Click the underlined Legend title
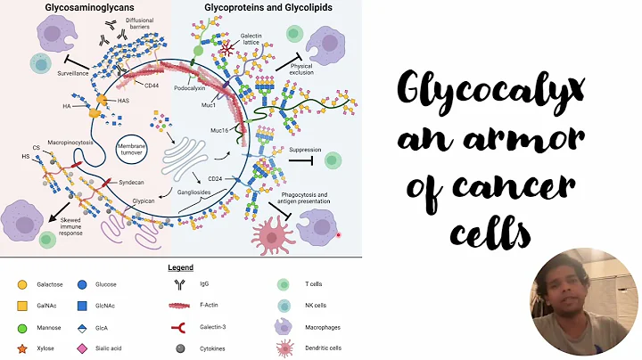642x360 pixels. [181, 266]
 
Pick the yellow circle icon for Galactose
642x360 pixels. [21, 284]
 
